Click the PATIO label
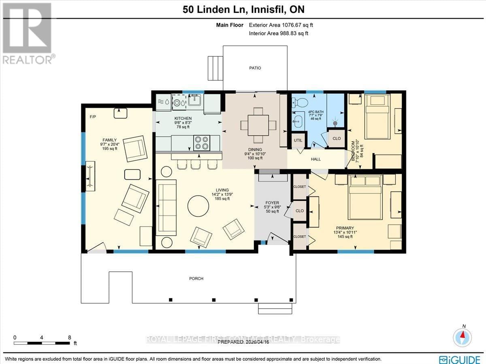(255, 68)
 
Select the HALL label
(316, 159)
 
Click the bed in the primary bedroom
(366, 196)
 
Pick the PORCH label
(196, 279)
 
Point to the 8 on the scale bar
(70, 337)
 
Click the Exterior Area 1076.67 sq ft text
(281, 25)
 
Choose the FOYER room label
(270, 203)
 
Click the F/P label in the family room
(93, 117)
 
